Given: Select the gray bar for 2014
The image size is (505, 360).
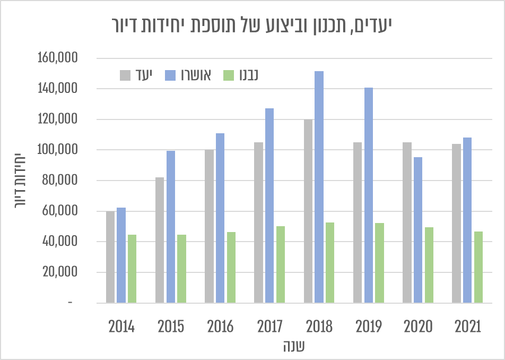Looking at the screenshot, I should click(x=110, y=257).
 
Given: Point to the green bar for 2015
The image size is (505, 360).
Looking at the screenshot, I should click(x=181, y=269).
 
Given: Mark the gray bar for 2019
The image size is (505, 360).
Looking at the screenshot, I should click(x=358, y=222).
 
